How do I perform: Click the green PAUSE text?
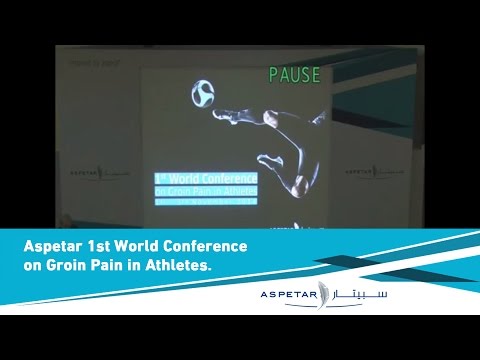[x=293, y=75]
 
